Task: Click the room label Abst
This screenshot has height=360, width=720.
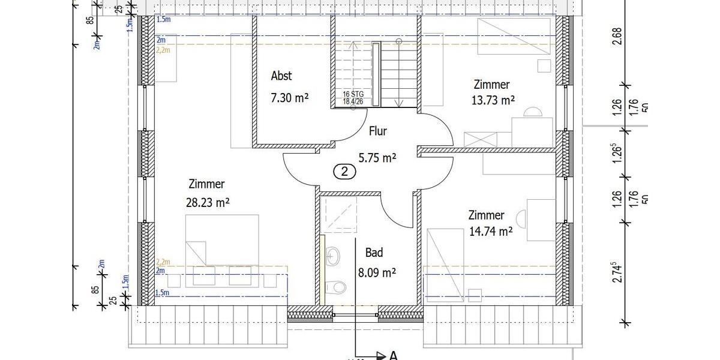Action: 281,76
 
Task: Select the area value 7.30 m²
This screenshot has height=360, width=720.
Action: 289,98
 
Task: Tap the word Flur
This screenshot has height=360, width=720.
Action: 377,131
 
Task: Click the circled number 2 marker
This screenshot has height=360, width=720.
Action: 344,172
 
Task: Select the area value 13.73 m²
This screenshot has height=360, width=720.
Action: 493,101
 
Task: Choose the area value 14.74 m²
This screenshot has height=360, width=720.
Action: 490,230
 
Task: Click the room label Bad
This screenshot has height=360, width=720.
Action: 374,253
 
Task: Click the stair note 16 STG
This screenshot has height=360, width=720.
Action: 353,94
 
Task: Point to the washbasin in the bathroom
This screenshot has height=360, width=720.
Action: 334,257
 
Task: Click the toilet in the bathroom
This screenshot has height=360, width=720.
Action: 338,288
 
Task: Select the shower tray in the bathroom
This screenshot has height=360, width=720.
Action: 338,214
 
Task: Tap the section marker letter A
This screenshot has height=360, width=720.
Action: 394,355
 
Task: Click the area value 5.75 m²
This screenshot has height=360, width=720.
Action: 377,158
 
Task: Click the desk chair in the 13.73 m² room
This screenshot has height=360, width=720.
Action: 532,112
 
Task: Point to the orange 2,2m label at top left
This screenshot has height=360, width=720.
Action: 163,50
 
